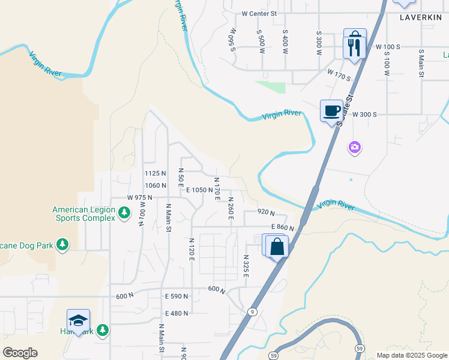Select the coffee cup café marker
pyautogui.click(x=331, y=111)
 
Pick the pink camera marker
pyautogui.click(x=355, y=146)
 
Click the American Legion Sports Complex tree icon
pyautogui.click(x=124, y=212)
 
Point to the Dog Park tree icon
pyautogui.click(x=62, y=244)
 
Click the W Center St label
pyautogui.click(x=259, y=13)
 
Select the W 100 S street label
pyautogui.click(x=388, y=46)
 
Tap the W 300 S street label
pyautogui.click(x=364, y=114)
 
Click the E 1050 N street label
pyautogui.click(x=199, y=190)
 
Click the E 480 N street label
pyautogui.click(x=176, y=313)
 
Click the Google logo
pyautogui.click(x=20, y=353)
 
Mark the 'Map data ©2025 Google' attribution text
pyautogui.click(x=411, y=355)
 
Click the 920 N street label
pyautogui.click(x=265, y=212)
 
